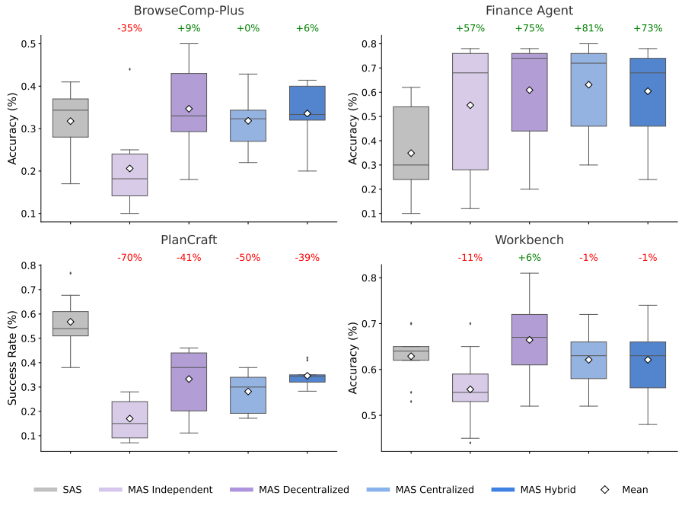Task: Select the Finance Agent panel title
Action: [x=529, y=11]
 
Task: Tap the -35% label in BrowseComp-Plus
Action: [x=129, y=29]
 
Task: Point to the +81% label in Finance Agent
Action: [x=588, y=29]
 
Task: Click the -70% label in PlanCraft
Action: [x=129, y=259]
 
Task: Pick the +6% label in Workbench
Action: [x=529, y=259]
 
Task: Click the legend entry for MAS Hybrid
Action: [x=539, y=490]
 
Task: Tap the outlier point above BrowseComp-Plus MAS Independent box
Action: [x=129, y=69]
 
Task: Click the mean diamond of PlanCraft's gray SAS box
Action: [x=70, y=322]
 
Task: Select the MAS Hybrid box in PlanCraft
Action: [x=307, y=378]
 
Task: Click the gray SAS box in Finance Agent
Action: [x=411, y=143]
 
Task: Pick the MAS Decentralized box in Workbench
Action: [x=529, y=339]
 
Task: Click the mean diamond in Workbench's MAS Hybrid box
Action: [x=648, y=360]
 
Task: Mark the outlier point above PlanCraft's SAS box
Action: [x=70, y=273]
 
